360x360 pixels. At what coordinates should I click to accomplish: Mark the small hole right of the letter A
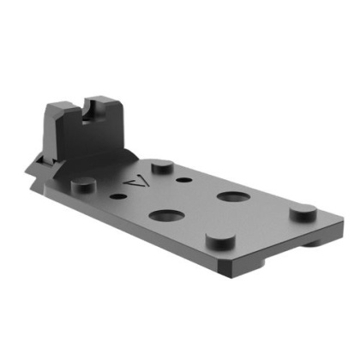pyautogui.click(x=184, y=181)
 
